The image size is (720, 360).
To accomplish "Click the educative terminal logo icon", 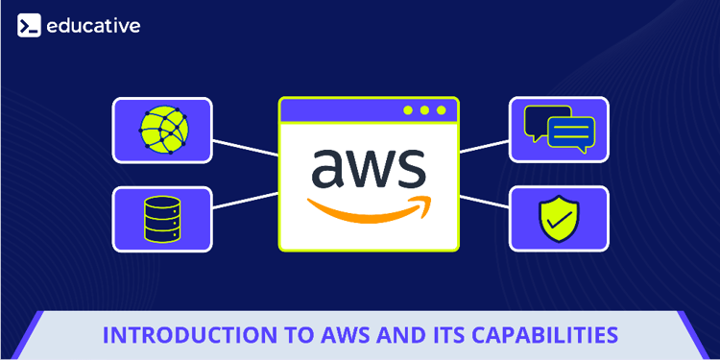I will [29, 26].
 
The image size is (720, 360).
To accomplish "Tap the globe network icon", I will [162, 129].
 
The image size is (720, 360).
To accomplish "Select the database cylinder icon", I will [162, 219].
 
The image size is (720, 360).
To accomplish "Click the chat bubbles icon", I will [559, 129].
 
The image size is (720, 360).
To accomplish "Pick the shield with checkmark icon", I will [559, 219].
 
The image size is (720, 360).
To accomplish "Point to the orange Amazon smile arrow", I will [368, 206].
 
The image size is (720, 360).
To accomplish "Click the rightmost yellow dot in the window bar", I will [442, 110].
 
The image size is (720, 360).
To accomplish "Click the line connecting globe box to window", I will [245, 147].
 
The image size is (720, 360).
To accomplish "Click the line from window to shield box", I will [485, 203].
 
